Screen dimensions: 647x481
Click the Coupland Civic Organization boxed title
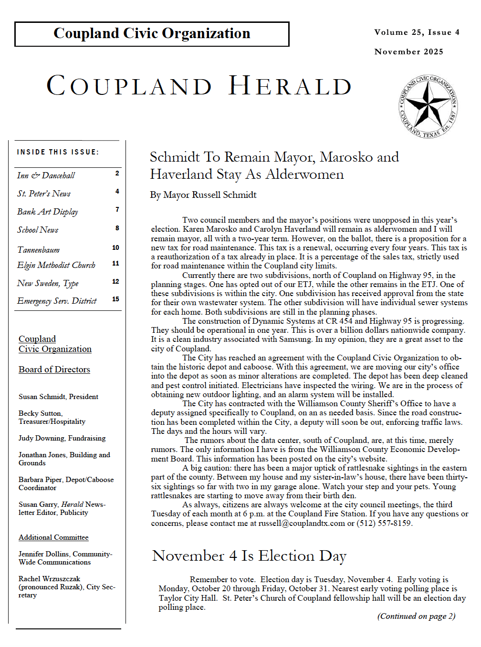point(152,33)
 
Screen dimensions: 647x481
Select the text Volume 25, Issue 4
point(417,32)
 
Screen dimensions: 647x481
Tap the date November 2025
point(408,51)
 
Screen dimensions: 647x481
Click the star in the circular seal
point(428,106)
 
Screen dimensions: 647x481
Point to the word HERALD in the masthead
point(290,86)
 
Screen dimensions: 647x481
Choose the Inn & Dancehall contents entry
point(46,175)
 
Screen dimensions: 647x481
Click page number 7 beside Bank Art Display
point(117,209)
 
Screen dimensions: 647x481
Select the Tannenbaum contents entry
point(39,250)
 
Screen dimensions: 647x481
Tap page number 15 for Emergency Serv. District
point(115,299)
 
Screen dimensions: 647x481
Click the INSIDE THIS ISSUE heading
point(58,152)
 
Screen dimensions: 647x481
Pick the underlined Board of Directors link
point(54,370)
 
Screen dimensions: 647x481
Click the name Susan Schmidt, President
point(58,397)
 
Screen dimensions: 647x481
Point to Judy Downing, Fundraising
point(62,438)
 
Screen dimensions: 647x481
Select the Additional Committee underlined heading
point(53,537)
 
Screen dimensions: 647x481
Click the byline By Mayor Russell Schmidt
point(203,195)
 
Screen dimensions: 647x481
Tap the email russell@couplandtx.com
point(302,523)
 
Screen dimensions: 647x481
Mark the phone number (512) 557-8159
point(384,523)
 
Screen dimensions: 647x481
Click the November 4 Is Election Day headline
point(249,556)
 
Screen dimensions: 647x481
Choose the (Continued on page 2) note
point(416,616)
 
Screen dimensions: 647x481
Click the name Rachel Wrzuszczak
point(49,579)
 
